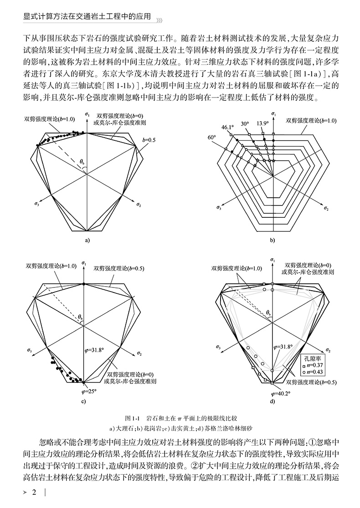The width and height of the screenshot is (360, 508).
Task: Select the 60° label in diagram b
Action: [211, 137]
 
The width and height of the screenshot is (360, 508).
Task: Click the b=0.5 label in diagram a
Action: [149, 140]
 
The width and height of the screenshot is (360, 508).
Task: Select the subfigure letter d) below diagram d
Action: [272, 401]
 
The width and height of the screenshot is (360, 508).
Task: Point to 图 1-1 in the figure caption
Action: [133, 418]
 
